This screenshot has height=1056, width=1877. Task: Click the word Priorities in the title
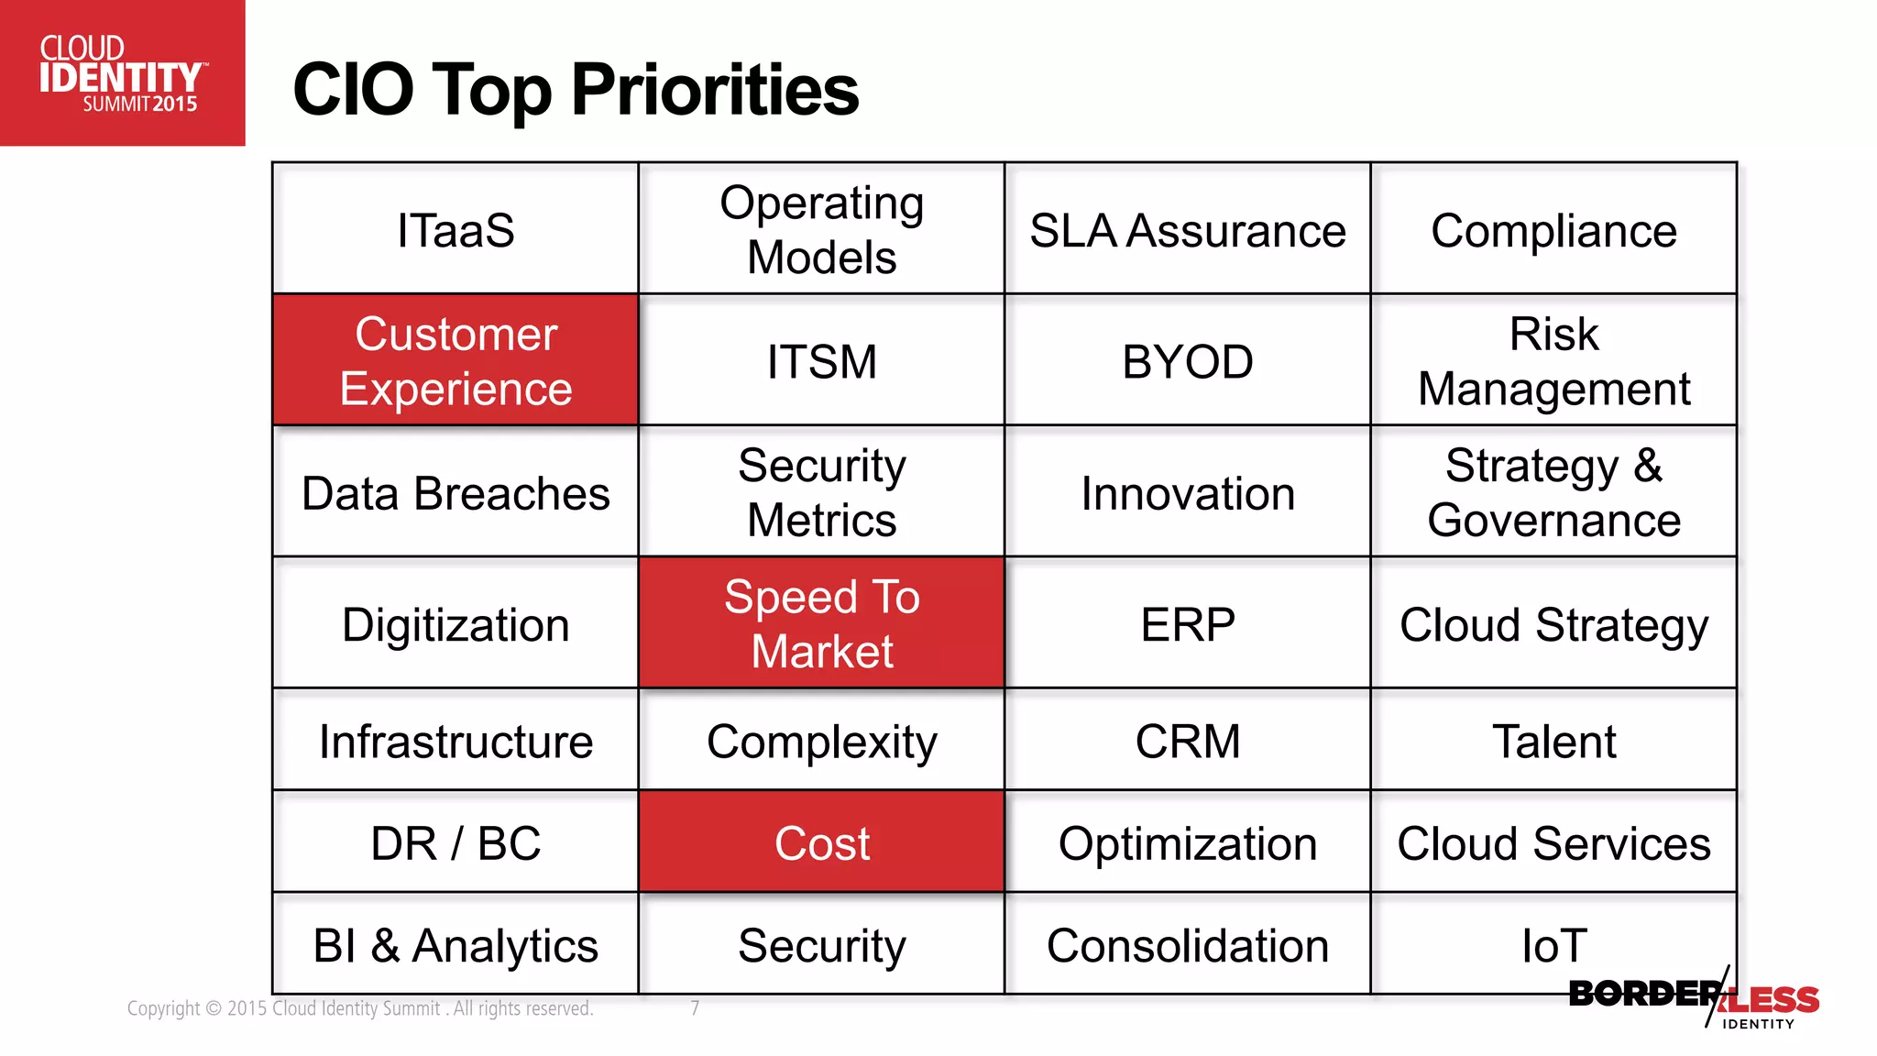715,90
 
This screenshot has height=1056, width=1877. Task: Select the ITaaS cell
456,230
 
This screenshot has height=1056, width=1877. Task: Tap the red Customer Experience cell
456,360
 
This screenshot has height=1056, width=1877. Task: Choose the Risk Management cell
1553,361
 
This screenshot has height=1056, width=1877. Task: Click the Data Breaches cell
456,493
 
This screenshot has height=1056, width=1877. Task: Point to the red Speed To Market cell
822,623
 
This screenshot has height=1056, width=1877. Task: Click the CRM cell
1188,741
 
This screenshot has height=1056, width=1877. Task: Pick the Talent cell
1553,741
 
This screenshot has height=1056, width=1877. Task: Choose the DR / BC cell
456,843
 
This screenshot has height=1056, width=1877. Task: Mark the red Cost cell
822,843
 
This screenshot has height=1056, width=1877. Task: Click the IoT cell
1553,944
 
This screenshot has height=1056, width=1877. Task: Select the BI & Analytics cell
456,945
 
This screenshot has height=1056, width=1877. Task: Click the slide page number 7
695,1008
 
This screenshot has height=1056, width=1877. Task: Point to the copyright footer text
360,1008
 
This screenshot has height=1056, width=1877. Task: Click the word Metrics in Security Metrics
822,521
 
